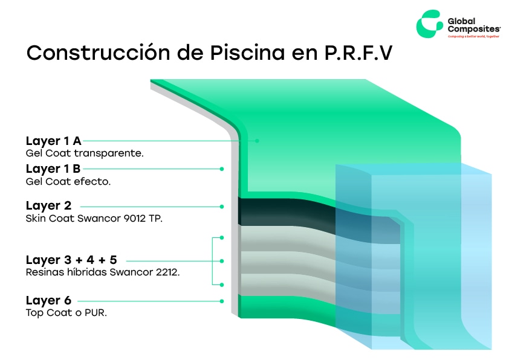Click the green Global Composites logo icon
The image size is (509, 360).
click(x=429, y=24)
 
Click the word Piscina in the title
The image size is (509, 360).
click(x=247, y=53)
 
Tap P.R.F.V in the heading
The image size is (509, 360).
click(x=358, y=53)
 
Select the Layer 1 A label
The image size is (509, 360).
click(x=53, y=141)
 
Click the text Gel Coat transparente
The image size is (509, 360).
click(x=85, y=153)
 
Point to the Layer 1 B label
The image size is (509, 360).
click(x=53, y=169)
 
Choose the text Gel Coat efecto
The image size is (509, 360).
click(x=68, y=181)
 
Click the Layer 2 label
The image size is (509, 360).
click(x=48, y=205)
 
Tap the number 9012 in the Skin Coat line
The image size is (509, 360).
click(x=135, y=218)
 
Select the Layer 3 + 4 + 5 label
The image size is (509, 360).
click(x=71, y=260)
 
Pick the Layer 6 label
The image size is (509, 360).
click(x=48, y=301)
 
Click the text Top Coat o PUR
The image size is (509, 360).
click(x=66, y=313)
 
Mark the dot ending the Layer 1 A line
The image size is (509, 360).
click(x=257, y=141)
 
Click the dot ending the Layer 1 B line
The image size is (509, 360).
click(x=222, y=169)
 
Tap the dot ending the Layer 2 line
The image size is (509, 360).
click(x=222, y=207)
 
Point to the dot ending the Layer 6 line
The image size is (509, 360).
click(x=222, y=301)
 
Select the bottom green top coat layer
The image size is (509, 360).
click(x=286, y=306)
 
